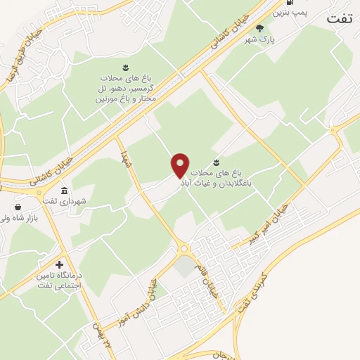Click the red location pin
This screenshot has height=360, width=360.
181,165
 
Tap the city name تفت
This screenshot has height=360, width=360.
342,19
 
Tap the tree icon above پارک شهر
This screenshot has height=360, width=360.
260,28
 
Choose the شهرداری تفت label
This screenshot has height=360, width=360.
83,200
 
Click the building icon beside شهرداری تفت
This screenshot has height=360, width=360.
65,191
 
